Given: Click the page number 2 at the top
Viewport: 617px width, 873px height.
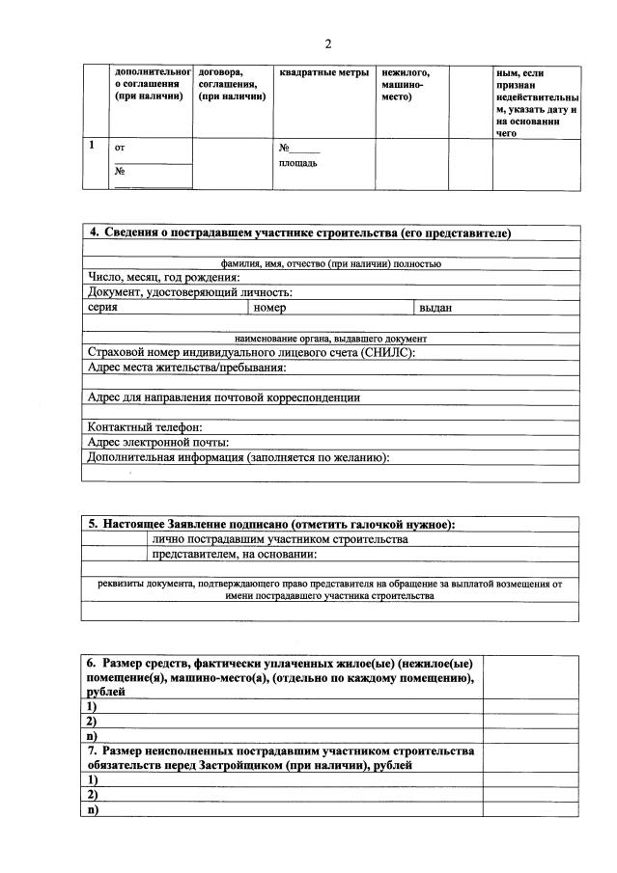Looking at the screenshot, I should coord(328,44).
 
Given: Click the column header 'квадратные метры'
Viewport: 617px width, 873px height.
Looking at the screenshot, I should coord(319,72).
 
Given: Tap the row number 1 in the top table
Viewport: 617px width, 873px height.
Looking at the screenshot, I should coord(92,146).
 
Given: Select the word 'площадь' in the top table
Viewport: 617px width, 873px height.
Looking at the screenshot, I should coord(297,163).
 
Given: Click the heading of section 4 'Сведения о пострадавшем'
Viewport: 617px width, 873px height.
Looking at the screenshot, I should coord(299,233).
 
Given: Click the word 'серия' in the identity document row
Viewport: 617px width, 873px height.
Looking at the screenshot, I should coord(102,308).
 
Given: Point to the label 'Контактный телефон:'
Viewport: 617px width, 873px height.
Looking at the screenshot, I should coord(144,427).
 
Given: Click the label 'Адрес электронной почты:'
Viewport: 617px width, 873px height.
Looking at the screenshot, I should coord(152,442).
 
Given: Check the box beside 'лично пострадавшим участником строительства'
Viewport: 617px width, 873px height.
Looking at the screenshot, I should coord(114,539).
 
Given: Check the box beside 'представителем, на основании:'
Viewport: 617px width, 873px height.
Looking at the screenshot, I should coord(114,554).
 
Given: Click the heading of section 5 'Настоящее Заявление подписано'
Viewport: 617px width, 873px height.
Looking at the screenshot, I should coord(271,525).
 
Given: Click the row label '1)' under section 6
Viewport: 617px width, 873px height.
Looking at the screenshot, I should coord(92,706).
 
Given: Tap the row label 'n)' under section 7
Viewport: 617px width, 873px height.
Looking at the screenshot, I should coord(93,810).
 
